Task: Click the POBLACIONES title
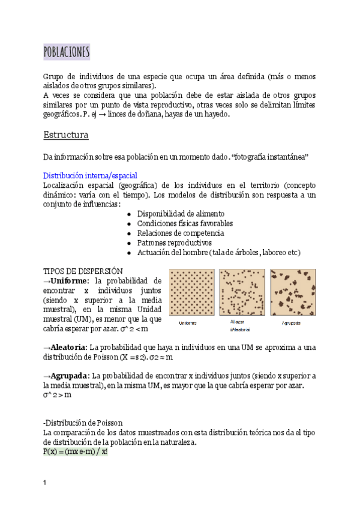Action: pos(67,52)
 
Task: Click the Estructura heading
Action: pos(66,134)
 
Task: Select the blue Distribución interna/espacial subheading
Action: pos(90,175)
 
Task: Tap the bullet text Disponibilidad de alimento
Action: pos(181,214)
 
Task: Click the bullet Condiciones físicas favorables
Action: pos(185,223)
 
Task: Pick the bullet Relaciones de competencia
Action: pos(181,233)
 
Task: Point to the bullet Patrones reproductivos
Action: pos(174,242)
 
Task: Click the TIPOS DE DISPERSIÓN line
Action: pos(83,271)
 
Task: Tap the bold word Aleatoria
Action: pos(68,347)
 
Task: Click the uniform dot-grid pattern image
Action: pos(191,292)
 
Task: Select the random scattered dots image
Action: pos(242,292)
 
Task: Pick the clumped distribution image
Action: pos(292,292)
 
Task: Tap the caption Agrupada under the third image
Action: pos(291,323)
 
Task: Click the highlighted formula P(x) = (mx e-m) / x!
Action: pos(75,451)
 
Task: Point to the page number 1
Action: pos(45,483)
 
